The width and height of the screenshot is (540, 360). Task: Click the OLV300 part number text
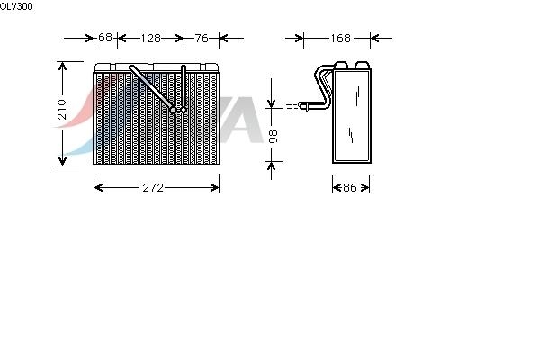point(16,6)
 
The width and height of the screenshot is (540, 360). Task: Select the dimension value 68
point(105,37)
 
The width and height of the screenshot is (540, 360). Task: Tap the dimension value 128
point(151,38)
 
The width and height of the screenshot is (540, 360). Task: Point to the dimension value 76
point(202,38)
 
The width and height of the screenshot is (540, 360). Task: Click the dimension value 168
point(340,38)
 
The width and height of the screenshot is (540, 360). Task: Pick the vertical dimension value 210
point(62,110)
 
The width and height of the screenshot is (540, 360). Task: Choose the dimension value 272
point(153,188)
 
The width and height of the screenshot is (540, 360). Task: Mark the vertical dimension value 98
point(273,137)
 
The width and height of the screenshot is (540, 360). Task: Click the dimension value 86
point(350,188)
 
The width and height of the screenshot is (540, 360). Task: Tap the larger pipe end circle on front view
point(173,110)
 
